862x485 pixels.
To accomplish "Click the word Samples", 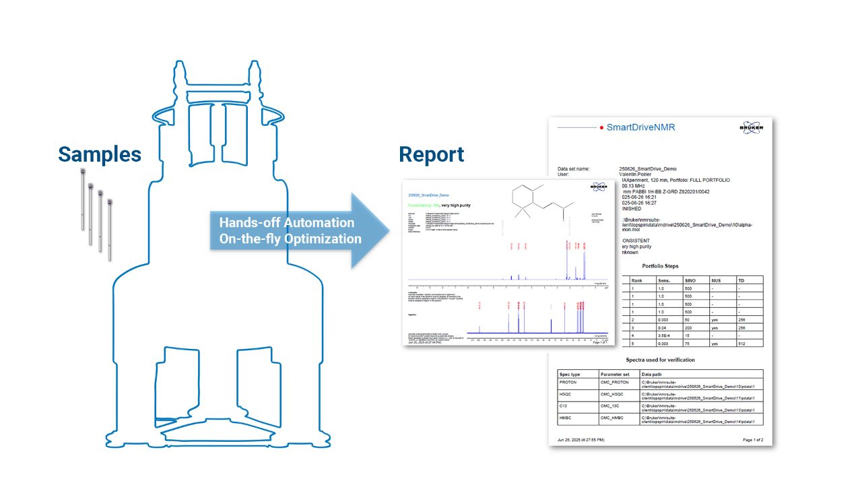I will pyautogui.click(x=100, y=154).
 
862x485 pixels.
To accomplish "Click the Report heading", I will pyautogui.click(x=431, y=154).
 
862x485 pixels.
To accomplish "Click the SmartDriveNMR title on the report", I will pyautogui.click(x=640, y=127).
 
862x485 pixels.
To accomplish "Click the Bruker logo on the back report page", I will pyautogui.click(x=751, y=129).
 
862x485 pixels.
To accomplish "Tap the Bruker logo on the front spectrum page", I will pyautogui.click(x=599, y=187).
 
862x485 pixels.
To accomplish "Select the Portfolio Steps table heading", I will pyautogui.click(x=660, y=266).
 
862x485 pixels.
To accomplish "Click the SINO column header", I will pyautogui.click(x=690, y=280).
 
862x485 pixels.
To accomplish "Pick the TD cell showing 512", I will pyautogui.click(x=741, y=344).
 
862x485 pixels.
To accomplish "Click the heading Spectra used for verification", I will pyautogui.click(x=660, y=360).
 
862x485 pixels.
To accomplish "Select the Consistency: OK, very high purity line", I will pyautogui.click(x=445, y=204).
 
